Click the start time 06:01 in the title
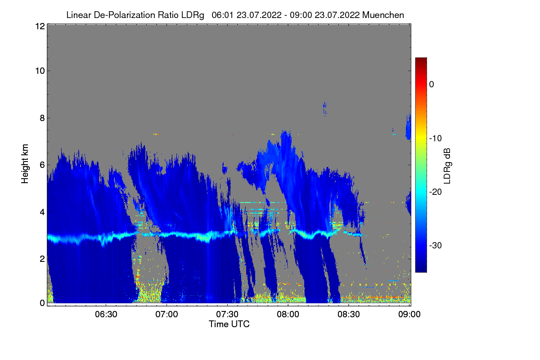point(221,15)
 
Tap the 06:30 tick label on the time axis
point(106,315)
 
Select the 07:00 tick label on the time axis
point(167,315)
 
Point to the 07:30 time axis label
point(228,315)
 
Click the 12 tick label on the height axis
point(40,27)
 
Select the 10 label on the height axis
point(40,71)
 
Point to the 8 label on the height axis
point(42,118)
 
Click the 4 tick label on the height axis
point(42,211)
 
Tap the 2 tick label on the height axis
point(42,258)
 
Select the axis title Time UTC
point(229,324)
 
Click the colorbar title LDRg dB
point(447,166)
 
